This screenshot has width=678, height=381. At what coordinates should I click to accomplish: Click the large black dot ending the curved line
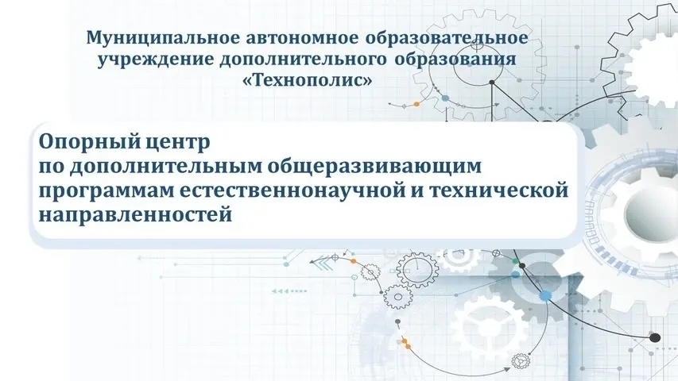click(x=654, y=337)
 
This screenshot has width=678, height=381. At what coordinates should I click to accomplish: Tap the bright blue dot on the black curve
click(x=545, y=295)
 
